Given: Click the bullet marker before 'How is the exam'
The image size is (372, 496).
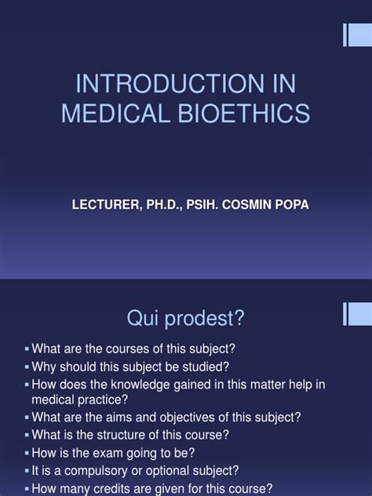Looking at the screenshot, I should (27, 452).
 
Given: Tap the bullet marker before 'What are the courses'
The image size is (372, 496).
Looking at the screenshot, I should (27, 349).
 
